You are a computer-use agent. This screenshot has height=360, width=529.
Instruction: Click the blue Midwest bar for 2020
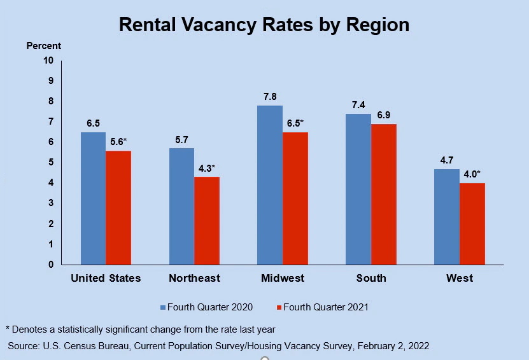coord(270,185)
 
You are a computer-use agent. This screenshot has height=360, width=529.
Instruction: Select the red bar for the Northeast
coord(207,221)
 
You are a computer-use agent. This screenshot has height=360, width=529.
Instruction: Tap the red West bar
coord(472,224)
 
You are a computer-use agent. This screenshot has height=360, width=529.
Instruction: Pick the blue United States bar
coord(93,198)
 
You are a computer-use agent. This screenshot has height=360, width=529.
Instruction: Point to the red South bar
coord(384,194)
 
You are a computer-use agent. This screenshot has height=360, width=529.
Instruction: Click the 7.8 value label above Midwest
coord(270,97)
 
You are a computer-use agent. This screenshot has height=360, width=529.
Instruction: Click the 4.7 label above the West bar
coord(446,160)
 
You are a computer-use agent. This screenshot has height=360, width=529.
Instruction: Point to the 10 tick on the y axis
coord(49,60)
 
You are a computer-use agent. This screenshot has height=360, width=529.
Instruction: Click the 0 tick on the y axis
coord(51,265)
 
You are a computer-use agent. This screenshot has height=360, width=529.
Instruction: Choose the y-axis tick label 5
coord(51,162)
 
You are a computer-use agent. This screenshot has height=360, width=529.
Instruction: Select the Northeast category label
coord(194,279)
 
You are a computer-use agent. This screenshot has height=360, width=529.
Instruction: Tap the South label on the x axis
coord(371,279)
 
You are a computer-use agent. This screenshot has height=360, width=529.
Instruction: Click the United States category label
coord(106,279)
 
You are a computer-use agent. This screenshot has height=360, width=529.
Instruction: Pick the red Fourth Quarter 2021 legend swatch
coord(278,307)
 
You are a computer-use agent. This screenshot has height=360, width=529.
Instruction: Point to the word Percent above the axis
coord(44,46)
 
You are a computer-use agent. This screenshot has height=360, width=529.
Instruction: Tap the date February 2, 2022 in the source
coord(393,346)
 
